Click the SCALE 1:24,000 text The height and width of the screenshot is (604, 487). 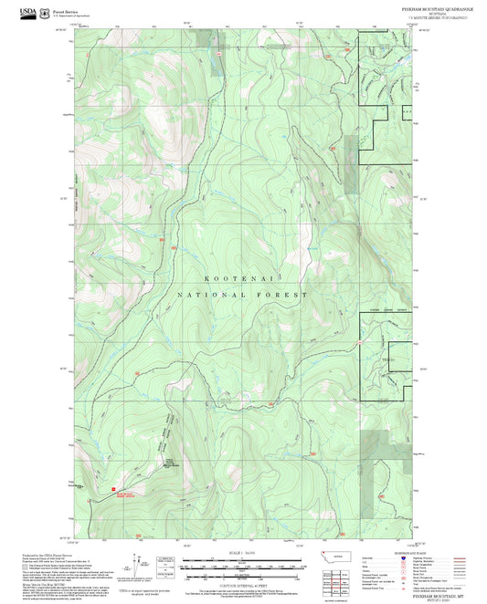[242, 553]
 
